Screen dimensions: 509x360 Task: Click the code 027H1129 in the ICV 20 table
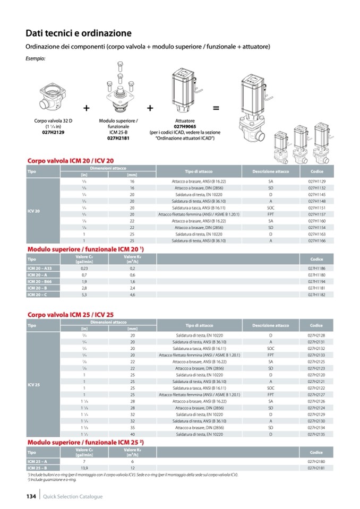tap(316, 182)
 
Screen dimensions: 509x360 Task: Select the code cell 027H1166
tap(316, 240)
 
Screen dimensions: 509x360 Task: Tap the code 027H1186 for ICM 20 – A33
tap(316, 270)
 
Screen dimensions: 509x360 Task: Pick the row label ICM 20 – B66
tap(38, 281)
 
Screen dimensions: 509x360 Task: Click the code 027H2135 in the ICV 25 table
tap(316, 435)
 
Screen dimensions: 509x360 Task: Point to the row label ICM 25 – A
tap(37, 462)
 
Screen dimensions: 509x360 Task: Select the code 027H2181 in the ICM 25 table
tap(316, 468)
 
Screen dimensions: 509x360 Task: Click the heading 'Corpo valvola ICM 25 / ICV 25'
tap(71, 315)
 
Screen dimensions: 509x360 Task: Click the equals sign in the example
tap(216, 108)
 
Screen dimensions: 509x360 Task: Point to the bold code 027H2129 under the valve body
tap(54, 133)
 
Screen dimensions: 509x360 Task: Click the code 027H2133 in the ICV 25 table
tap(316, 354)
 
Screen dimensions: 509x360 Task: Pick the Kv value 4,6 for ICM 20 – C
tap(117, 294)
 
